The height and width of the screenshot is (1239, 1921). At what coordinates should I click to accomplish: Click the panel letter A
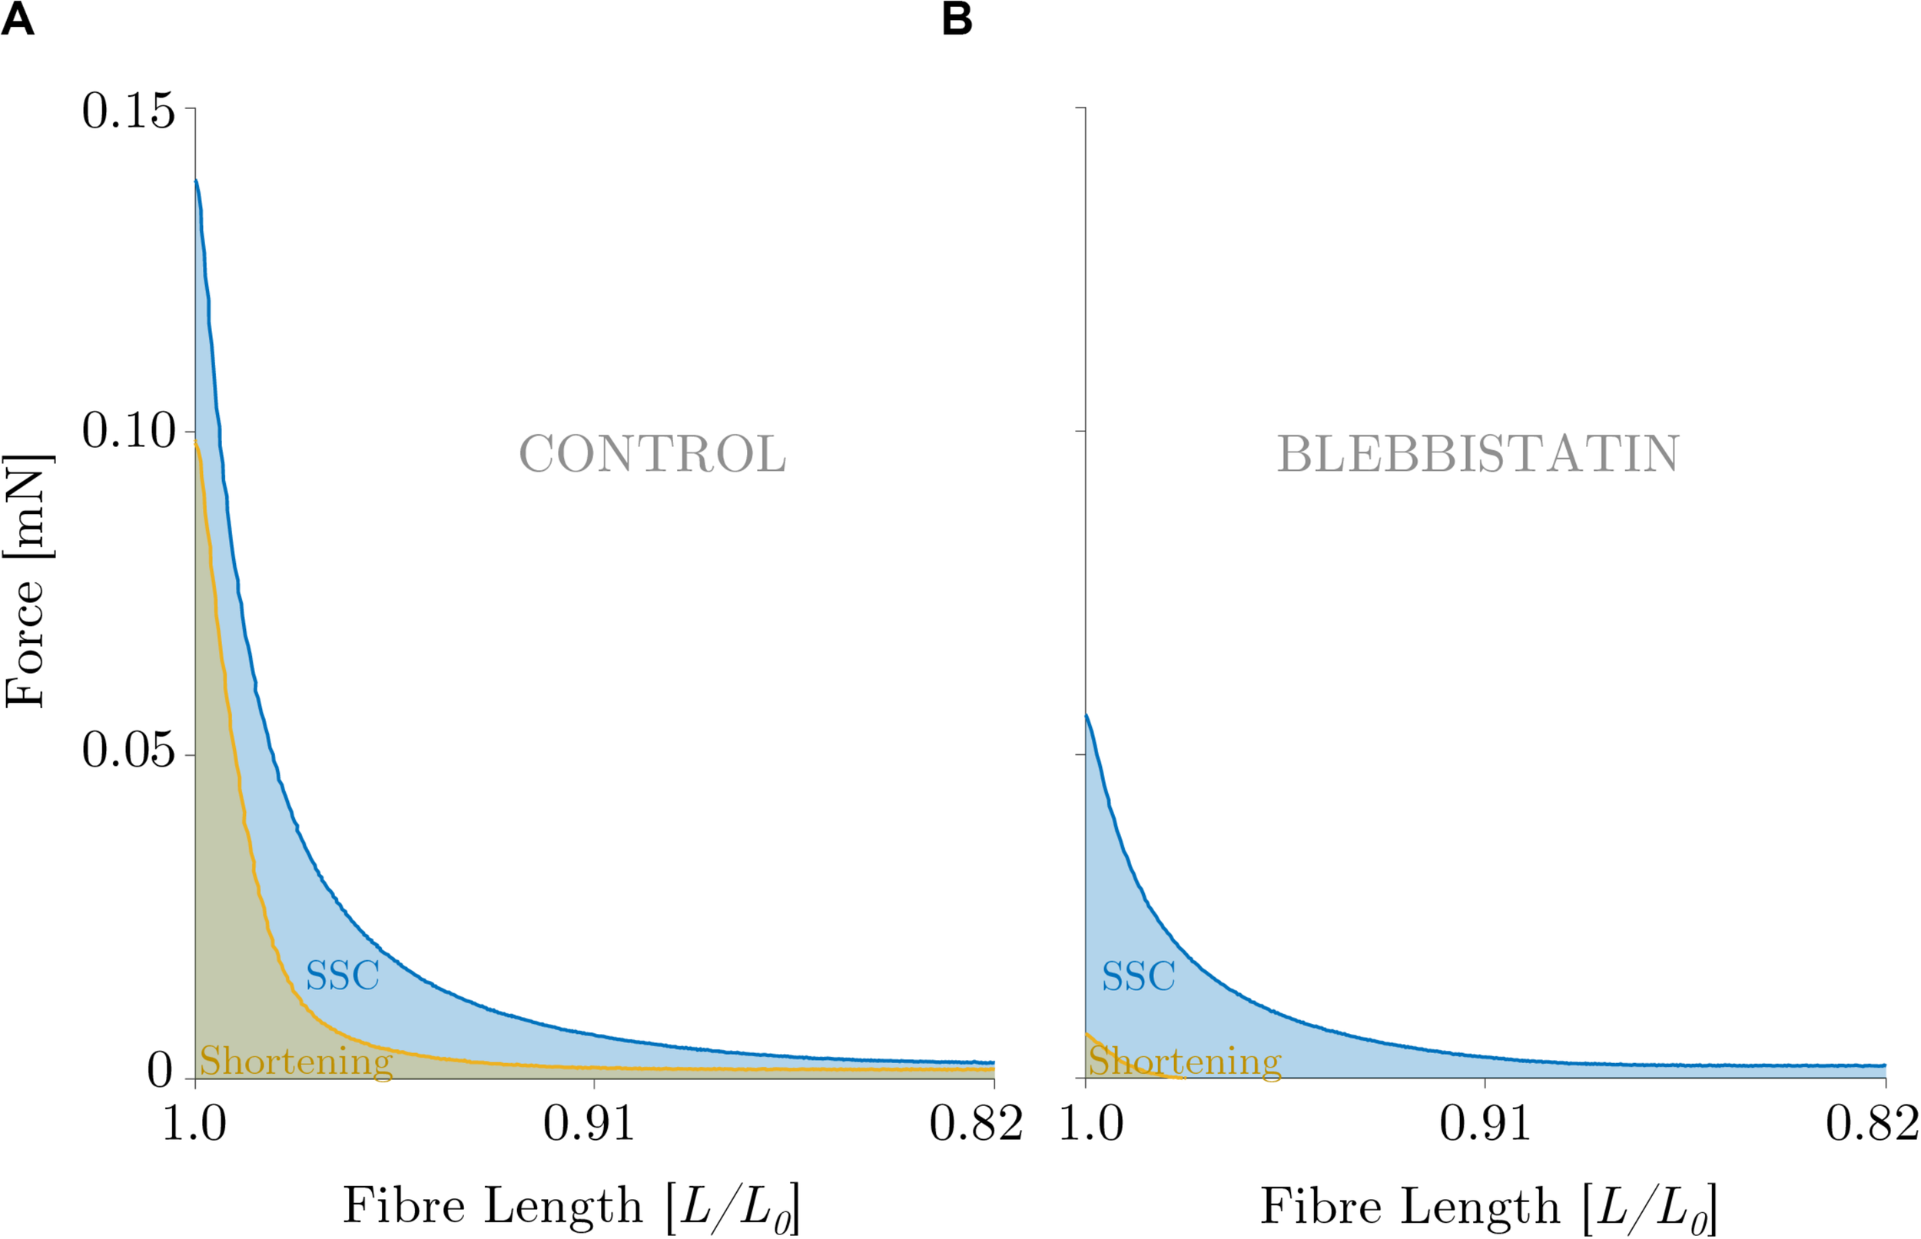coord(18,19)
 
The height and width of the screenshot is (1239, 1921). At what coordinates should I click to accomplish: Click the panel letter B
coord(957,19)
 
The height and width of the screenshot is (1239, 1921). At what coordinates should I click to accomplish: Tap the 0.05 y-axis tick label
coord(128,751)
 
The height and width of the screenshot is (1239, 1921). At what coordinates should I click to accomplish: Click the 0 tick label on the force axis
coord(160,1072)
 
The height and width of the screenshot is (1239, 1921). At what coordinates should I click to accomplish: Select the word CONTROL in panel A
coord(652,455)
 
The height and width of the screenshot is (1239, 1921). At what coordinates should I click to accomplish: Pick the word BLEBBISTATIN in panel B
coord(1478,455)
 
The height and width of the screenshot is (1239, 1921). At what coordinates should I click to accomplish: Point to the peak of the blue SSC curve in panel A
coord(197,181)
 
